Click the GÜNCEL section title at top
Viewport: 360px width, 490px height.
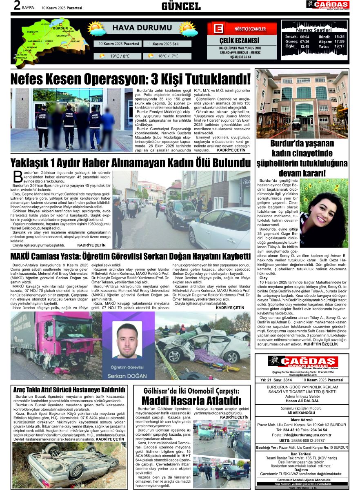click(181, 6)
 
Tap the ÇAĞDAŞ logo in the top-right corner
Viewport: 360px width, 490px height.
click(328, 5)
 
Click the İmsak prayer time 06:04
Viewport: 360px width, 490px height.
click(304, 36)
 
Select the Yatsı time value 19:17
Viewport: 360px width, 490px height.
click(339, 46)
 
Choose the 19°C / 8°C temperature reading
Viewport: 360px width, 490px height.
click(120, 56)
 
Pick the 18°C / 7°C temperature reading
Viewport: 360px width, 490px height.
click(168, 56)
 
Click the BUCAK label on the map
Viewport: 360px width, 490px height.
click(76, 42)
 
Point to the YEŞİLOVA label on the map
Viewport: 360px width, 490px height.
click(32, 31)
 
